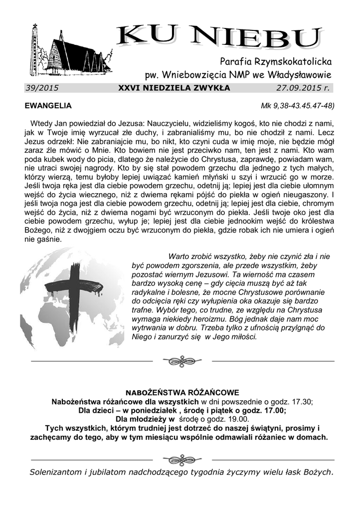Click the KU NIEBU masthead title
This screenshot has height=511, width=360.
click(x=219, y=38)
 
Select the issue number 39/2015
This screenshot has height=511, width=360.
click(x=42, y=88)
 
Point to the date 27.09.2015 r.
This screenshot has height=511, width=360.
click(x=303, y=88)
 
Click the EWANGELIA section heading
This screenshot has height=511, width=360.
click(x=48, y=106)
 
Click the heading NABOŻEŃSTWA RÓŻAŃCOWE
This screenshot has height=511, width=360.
click(x=182, y=392)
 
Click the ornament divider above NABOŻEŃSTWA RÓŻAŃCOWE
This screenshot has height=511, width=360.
click(x=182, y=360)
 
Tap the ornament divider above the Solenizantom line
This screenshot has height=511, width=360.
click(x=182, y=460)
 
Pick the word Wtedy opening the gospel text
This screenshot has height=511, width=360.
click(x=41, y=123)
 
